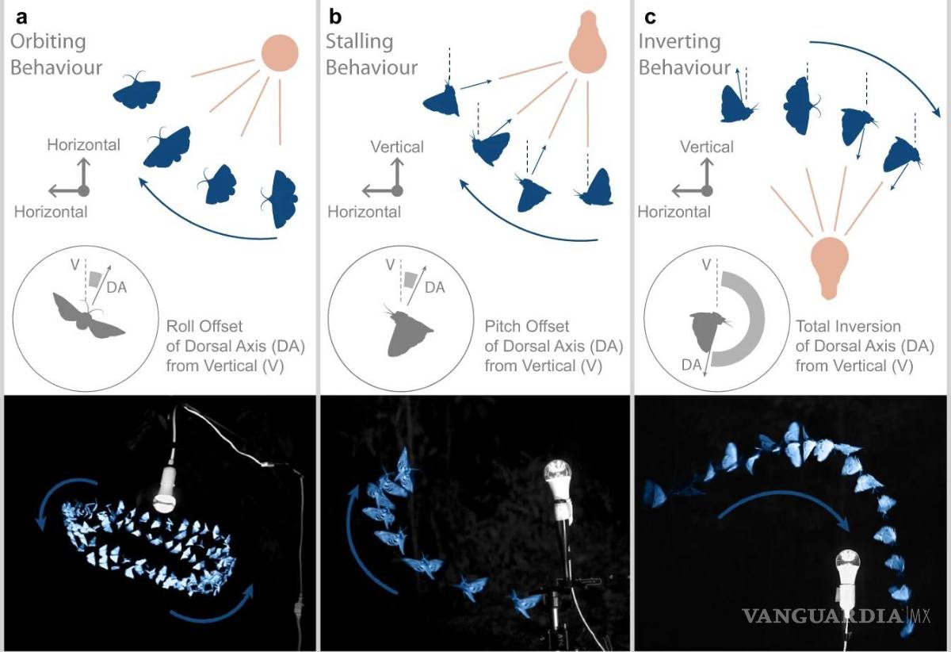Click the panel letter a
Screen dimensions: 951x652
pyautogui.click(x=21, y=17)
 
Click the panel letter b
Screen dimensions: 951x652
pyautogui.click(x=335, y=17)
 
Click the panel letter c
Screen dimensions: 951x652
pyautogui.click(x=650, y=17)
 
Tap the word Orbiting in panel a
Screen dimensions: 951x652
pyautogui.click(x=48, y=43)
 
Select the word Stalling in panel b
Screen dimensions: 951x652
pyautogui.click(x=360, y=43)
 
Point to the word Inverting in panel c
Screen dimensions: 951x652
pyautogui.click(x=680, y=43)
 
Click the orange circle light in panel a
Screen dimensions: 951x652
pyautogui.click(x=280, y=52)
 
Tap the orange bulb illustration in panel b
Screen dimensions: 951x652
pyautogui.click(x=587, y=43)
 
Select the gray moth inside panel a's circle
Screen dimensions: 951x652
pyautogui.click(x=88, y=316)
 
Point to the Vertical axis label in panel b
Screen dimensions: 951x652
pyautogui.click(x=397, y=147)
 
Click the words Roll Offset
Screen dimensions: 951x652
pyautogui.click(x=204, y=327)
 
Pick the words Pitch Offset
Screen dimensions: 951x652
pyautogui.click(x=526, y=327)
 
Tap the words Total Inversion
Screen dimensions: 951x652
pyautogui.click(x=848, y=327)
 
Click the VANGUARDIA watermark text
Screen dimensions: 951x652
pyautogui.click(x=823, y=616)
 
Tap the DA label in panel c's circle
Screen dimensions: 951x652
pyautogui.click(x=691, y=365)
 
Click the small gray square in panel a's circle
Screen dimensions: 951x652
pyautogui.click(x=95, y=278)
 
